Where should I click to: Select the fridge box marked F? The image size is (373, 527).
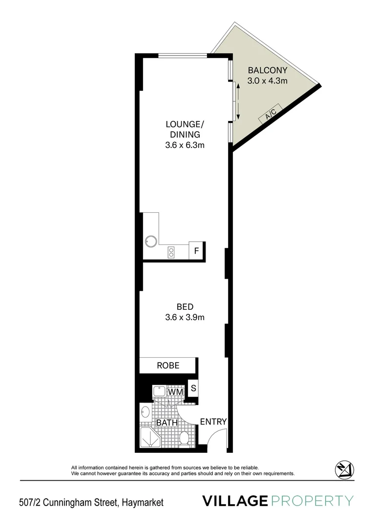click(196, 251)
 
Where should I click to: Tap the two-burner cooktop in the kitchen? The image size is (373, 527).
click(171, 252)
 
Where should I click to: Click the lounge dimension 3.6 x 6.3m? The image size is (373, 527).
click(185, 145)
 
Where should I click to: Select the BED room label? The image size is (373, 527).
click(185, 307)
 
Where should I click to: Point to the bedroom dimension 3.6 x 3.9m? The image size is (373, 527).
click(185, 318)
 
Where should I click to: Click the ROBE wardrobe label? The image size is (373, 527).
click(168, 365)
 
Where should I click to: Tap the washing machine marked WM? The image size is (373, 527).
click(176, 391)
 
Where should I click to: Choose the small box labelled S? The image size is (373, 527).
click(193, 389)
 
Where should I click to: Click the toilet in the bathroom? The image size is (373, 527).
click(185, 438)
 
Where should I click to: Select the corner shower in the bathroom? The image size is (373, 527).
click(149, 437)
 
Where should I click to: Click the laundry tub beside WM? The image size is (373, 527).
click(160, 391)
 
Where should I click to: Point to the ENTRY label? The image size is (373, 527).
click(213, 422)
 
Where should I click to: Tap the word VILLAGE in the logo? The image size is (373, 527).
click(235, 501)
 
